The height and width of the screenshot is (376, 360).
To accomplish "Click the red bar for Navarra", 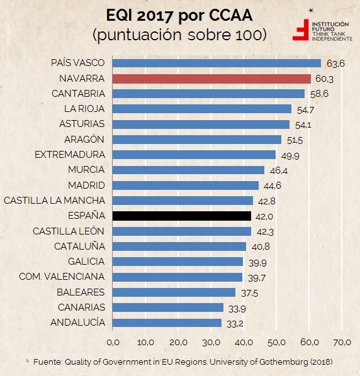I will point(211,79).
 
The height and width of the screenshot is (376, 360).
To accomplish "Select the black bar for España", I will point(182,216).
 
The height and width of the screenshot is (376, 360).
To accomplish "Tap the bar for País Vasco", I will point(217,63).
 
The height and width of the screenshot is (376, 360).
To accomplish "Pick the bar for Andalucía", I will point(167,323).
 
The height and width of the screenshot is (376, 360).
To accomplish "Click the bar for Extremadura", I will point(194,155).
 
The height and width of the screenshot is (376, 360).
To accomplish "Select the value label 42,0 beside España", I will point(264,216).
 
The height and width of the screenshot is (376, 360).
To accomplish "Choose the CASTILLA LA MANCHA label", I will point(54,201).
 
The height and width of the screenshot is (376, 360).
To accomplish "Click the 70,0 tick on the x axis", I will point(342,343).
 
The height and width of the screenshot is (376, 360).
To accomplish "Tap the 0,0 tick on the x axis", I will point(113,343).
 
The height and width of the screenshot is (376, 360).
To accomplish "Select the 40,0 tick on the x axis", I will point(244,343).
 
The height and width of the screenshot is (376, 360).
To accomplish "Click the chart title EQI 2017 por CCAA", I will point(179,14).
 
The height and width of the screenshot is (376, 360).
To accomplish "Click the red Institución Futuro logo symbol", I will point(303,29).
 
